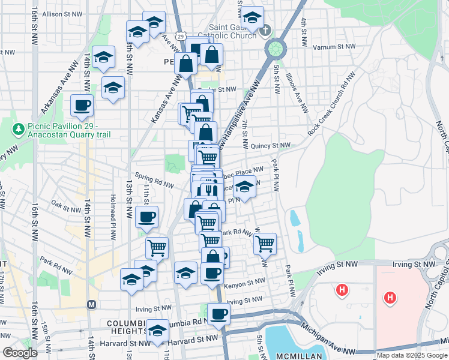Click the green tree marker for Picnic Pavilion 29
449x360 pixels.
(x=19, y=128)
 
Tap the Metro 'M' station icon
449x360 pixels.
(x=92, y=304)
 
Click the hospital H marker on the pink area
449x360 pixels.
(x=390, y=297)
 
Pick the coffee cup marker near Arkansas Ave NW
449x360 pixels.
(x=82, y=106)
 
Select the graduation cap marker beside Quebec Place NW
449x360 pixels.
(x=244, y=188)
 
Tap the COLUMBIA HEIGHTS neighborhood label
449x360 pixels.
(x=127, y=327)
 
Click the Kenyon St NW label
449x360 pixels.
(x=244, y=280)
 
